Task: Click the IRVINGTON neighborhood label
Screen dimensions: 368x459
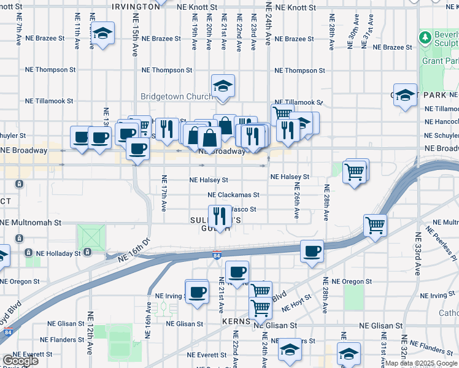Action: (x=136, y=6)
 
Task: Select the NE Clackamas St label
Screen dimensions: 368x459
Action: (x=233, y=194)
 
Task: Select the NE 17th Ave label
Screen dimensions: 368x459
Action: (x=164, y=193)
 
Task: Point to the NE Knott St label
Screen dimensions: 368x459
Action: (x=295, y=7)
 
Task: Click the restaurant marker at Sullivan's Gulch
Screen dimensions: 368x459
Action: (x=219, y=216)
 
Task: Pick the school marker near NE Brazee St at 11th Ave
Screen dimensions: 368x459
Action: (x=102, y=33)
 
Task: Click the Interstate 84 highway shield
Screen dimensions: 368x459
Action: (x=217, y=256)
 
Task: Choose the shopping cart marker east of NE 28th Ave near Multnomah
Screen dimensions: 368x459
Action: (x=375, y=224)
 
